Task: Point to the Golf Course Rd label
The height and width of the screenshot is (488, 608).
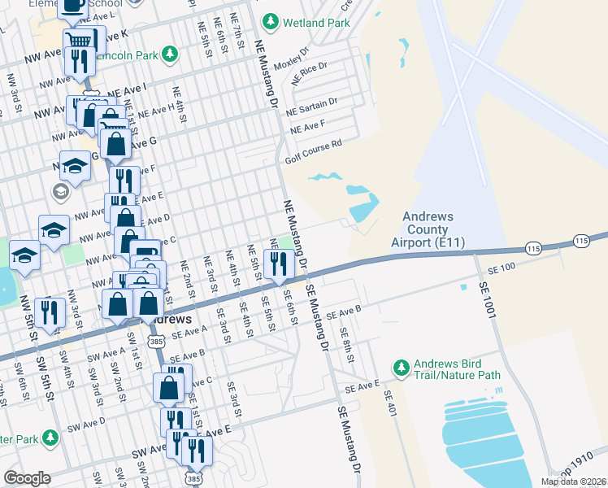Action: coord(312,151)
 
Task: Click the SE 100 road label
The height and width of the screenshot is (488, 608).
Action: coord(502,268)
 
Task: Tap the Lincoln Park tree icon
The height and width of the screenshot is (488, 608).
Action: coord(169,54)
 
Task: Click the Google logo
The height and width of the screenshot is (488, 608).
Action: coord(28,477)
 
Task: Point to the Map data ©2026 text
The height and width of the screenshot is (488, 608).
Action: coord(573,481)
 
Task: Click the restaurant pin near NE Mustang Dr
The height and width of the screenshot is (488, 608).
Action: coord(277,263)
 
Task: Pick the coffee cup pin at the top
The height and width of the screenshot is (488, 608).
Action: coord(72,7)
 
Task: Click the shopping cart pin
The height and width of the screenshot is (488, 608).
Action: coord(79,40)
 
